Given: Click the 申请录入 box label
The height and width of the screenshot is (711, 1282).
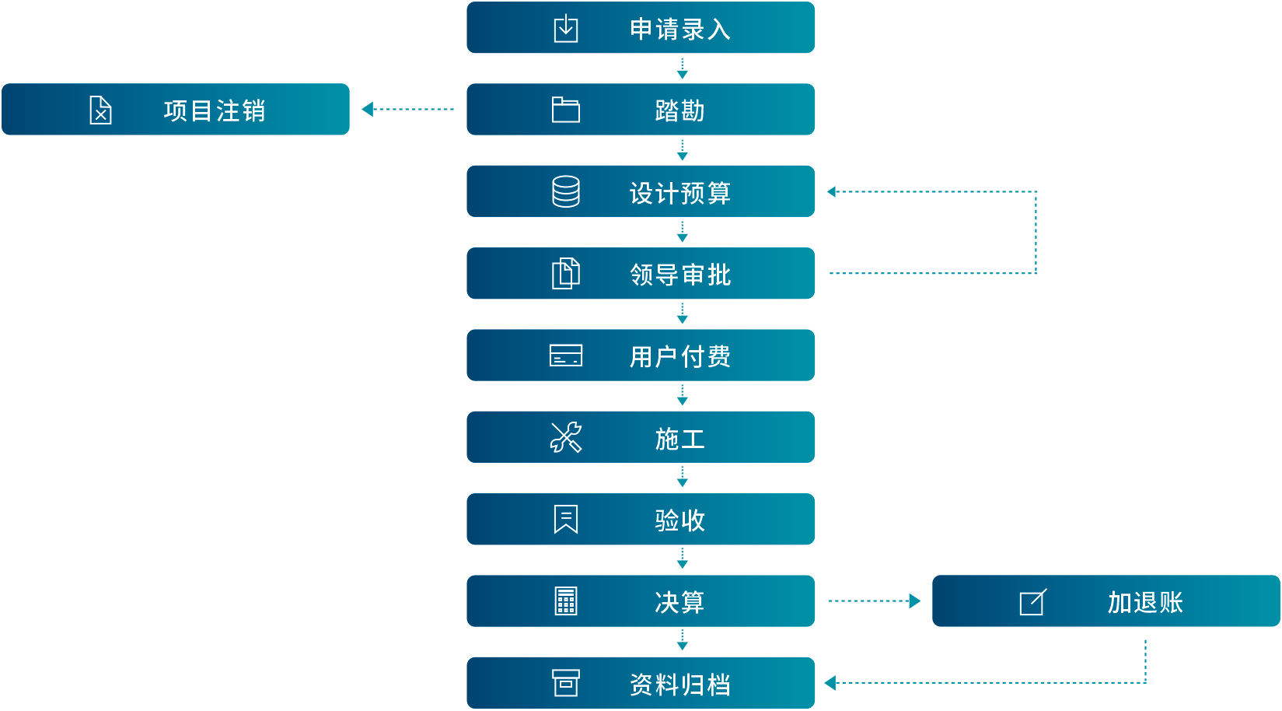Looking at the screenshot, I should click(x=679, y=30).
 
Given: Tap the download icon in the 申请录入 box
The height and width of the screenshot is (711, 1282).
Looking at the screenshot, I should click(x=566, y=29).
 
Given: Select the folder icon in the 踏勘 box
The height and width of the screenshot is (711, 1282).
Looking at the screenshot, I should click(x=566, y=110).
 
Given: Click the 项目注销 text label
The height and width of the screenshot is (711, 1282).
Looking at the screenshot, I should click(x=215, y=110).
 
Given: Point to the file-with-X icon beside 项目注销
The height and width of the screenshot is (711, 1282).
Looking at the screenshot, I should click(x=101, y=110).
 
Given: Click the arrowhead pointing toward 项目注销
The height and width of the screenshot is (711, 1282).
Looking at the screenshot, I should click(x=368, y=110).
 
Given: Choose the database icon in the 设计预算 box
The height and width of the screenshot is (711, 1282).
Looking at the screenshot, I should click(x=566, y=191).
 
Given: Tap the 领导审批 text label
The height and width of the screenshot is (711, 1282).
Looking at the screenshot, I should click(x=679, y=275).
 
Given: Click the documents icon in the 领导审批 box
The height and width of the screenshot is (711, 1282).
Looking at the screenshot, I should click(x=566, y=274).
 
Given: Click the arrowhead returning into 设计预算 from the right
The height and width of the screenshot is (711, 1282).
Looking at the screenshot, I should click(x=832, y=192).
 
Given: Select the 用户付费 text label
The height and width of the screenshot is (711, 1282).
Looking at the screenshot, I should click(x=679, y=356).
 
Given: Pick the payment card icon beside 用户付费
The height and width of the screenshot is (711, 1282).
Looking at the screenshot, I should click(x=566, y=355).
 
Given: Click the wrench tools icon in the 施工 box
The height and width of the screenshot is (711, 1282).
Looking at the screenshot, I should click(x=566, y=438).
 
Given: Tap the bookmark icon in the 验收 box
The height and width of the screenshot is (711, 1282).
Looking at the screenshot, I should click(x=566, y=520).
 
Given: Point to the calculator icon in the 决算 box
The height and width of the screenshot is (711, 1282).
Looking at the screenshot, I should click(x=566, y=601).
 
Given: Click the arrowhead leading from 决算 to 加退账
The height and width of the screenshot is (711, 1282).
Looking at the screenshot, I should click(x=914, y=601).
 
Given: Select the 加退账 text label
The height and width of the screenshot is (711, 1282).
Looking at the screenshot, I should click(x=1144, y=602).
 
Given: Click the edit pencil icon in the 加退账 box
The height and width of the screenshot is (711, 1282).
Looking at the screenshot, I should click(x=1033, y=602).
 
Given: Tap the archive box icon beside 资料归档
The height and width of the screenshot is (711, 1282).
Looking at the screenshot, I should click(x=566, y=683).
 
